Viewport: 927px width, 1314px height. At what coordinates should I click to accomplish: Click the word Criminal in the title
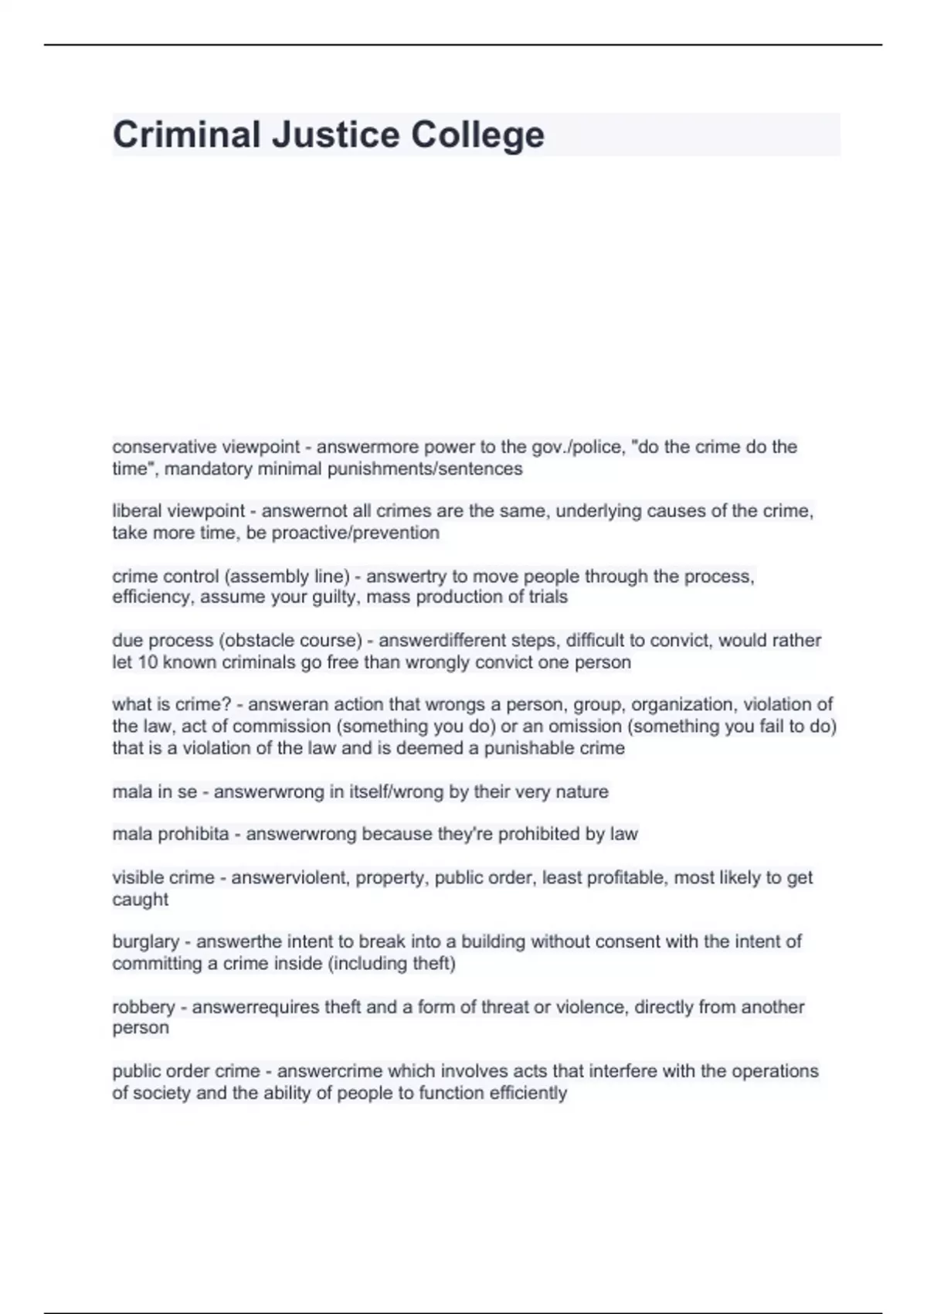click(x=186, y=134)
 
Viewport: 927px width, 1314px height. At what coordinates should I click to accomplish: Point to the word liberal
click(x=137, y=511)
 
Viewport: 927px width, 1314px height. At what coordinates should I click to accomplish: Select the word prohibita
click(x=193, y=834)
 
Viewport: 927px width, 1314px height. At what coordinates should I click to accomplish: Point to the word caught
click(x=140, y=899)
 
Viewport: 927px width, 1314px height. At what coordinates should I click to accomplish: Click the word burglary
click(x=145, y=942)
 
